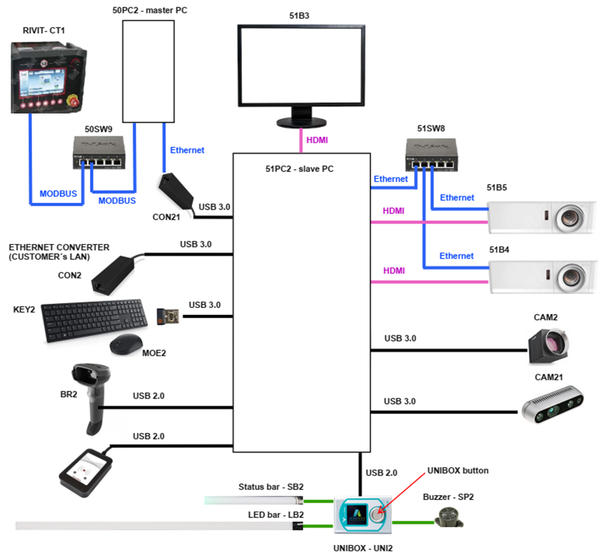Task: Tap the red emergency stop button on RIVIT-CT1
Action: coord(72,101)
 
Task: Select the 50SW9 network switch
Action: coord(99,153)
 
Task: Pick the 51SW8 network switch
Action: coord(432,155)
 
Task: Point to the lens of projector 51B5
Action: coord(569,218)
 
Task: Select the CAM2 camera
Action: coord(548,346)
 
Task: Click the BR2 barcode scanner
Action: coord(91,398)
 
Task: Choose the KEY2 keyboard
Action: coord(94,320)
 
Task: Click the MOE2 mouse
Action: coord(126,344)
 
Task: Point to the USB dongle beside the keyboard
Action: coord(168,316)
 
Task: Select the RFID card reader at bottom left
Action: coord(86,472)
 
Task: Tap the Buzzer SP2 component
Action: coord(449,517)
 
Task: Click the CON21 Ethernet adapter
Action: coord(175,190)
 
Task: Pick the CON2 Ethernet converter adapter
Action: coord(112,275)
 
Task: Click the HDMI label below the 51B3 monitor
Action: coord(317,140)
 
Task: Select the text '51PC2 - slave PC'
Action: coord(299,169)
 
